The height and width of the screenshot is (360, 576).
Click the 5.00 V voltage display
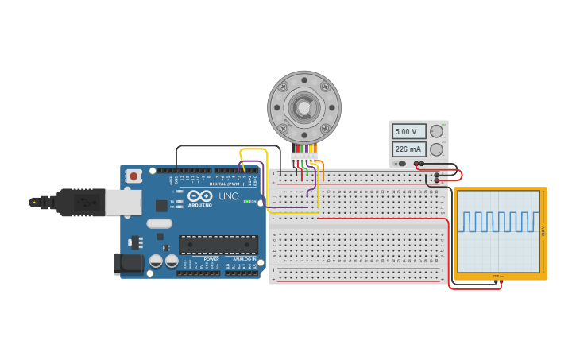(408, 131)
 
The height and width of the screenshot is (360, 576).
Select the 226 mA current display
(408, 149)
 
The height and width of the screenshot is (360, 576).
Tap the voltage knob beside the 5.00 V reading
(436, 131)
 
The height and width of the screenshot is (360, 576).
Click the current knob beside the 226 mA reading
(436, 149)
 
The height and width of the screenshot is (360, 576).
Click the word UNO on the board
(229, 195)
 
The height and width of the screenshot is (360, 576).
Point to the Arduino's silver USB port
(124, 203)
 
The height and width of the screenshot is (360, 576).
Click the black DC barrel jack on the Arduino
(129, 264)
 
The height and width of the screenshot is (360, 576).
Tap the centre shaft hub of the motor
(303, 106)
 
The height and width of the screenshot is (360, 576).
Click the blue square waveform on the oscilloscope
(499, 222)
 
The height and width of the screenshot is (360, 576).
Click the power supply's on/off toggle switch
(403, 164)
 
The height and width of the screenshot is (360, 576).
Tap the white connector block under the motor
(304, 156)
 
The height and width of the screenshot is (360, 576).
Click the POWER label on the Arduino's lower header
(211, 259)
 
